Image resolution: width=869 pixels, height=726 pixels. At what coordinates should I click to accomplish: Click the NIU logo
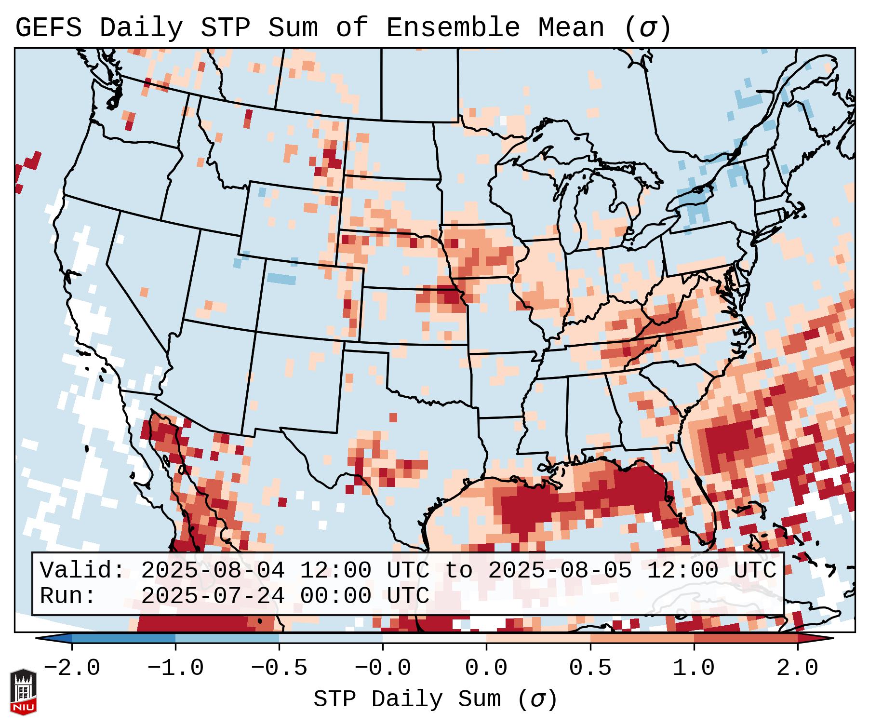tap(23, 692)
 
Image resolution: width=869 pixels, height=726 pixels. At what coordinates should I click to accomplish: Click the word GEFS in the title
tap(49, 28)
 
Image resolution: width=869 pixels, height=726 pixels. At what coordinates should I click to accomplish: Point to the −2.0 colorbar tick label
tap(72, 668)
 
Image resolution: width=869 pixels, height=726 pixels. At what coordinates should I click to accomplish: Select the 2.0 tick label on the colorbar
tap(798, 668)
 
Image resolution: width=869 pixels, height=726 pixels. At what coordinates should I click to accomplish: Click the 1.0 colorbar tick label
tap(694, 668)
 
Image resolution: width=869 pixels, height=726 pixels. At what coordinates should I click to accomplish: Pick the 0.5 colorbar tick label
tap(590, 668)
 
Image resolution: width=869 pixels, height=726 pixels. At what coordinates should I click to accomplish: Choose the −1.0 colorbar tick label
tap(175, 668)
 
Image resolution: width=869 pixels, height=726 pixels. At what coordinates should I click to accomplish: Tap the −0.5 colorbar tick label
tap(279, 668)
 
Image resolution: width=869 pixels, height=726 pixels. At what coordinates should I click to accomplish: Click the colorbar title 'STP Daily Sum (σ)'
tap(435, 699)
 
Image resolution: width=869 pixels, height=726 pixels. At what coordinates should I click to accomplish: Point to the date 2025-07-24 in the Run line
tap(213, 596)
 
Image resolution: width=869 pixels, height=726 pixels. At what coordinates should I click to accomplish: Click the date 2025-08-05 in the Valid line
tap(560, 570)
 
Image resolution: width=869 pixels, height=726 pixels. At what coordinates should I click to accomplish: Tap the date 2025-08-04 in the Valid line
tap(213, 570)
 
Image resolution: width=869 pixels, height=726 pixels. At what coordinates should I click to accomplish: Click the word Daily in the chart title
tap(141, 28)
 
